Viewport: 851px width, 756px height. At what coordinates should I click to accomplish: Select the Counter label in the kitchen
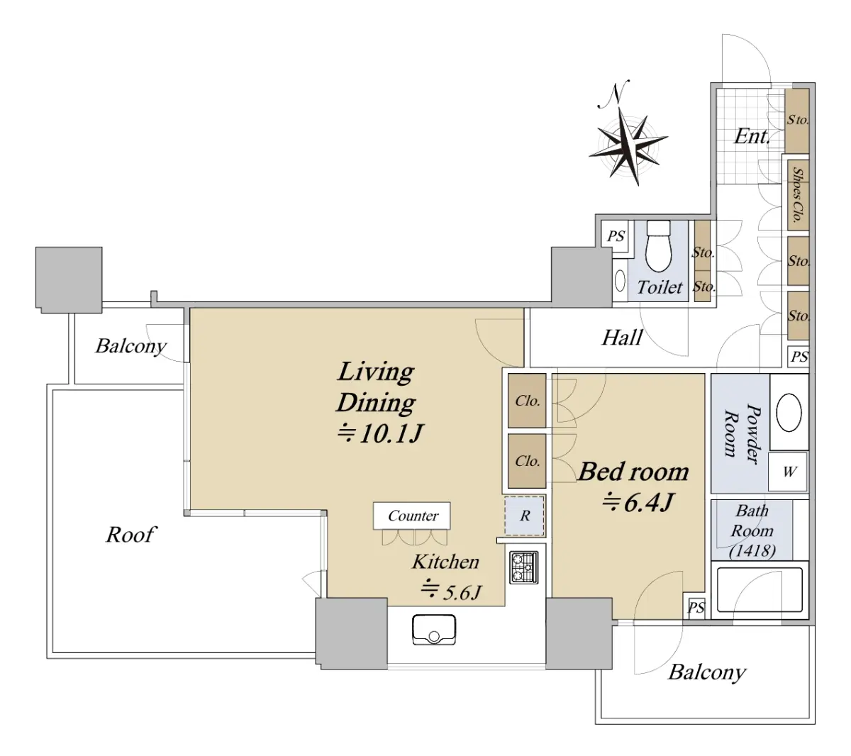coord(412,516)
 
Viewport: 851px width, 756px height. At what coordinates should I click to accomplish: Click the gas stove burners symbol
coord(523,567)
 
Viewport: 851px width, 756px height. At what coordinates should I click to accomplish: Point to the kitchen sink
coord(434,629)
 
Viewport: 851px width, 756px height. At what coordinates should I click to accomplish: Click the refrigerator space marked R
coord(524,516)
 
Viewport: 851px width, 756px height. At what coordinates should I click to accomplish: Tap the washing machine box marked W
coord(788,471)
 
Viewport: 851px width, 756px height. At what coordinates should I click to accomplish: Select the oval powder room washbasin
coord(789,413)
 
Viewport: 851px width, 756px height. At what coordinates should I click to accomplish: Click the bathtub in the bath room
coord(759,589)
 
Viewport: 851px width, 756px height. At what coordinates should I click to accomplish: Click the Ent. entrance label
coord(752,136)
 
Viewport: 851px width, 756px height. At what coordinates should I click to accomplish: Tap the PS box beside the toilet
coord(615,235)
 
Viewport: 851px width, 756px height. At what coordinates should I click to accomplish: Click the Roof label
coord(130,535)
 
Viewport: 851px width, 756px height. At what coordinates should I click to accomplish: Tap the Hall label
coord(622,338)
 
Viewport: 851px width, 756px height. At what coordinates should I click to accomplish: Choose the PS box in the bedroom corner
coord(696,607)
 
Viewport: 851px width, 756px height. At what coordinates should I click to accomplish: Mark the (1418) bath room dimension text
coord(752,550)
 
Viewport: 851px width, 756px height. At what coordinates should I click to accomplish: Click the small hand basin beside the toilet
coord(620,281)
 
